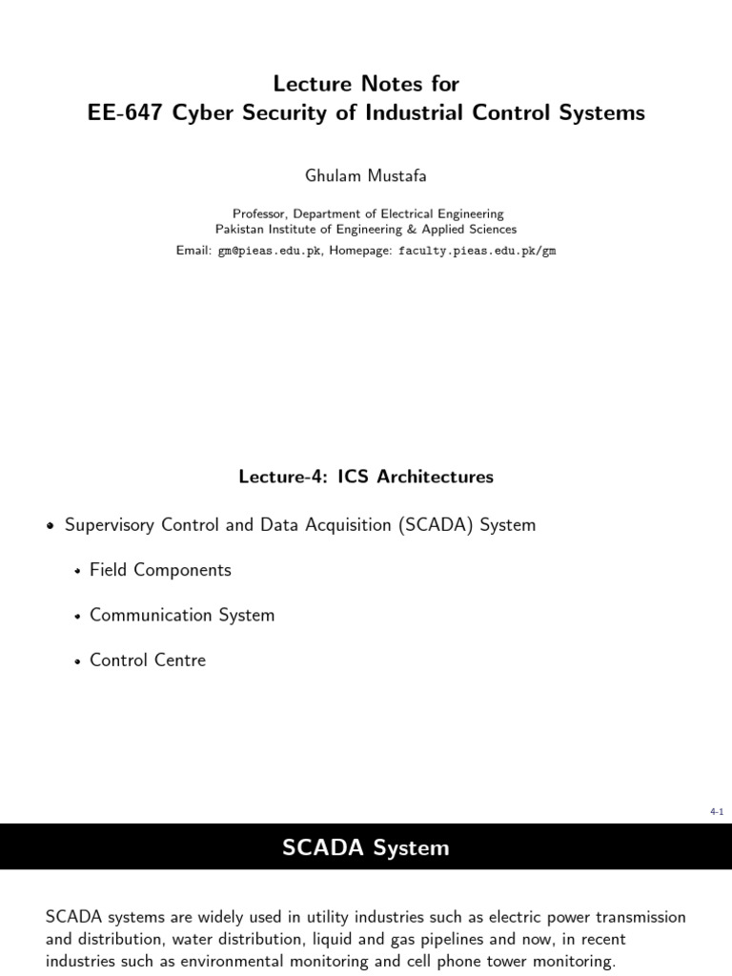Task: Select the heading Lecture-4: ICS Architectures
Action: click(366, 476)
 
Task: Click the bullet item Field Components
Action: click(160, 570)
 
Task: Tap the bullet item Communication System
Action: click(182, 615)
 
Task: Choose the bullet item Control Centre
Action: click(148, 660)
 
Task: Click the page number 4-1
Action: click(717, 811)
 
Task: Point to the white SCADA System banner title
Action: click(366, 847)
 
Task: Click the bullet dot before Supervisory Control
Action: click(51, 526)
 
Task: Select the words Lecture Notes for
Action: click(366, 84)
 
